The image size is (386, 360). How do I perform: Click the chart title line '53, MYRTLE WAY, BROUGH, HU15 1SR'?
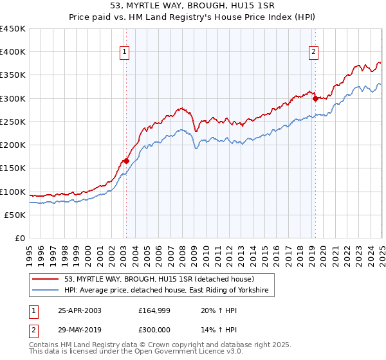pyautogui.click(x=193, y=6)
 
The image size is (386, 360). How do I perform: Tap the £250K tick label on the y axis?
pyautogui.click(x=12, y=122)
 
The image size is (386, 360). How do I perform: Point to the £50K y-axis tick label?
pyautogui.click(x=15, y=215)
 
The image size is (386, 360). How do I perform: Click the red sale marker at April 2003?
pyautogui.click(x=126, y=161)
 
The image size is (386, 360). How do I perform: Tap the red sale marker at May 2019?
pyautogui.click(x=315, y=98)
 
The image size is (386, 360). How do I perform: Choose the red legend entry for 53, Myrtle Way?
pyautogui.click(x=159, y=279)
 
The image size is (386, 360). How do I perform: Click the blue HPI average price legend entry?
pyautogui.click(x=169, y=291)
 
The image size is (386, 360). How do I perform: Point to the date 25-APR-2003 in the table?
pyautogui.click(x=80, y=310)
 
